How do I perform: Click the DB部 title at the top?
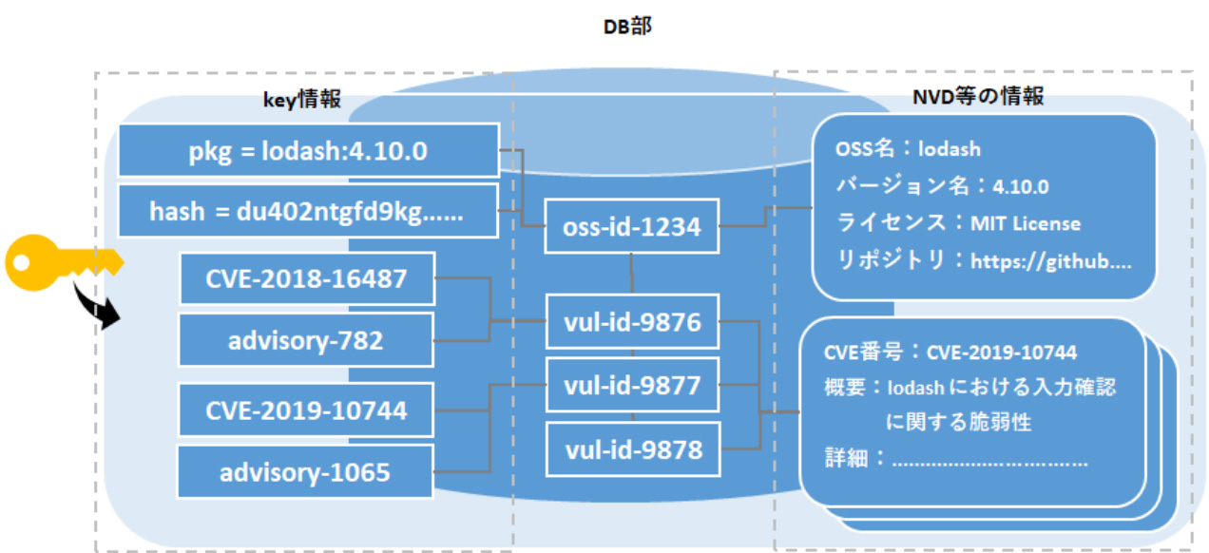(x=628, y=27)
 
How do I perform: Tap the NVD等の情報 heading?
(x=978, y=96)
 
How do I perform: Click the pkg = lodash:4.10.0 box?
(x=308, y=150)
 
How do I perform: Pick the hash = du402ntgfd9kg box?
(x=308, y=211)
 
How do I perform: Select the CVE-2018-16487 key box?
(x=306, y=278)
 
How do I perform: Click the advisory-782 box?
(x=306, y=340)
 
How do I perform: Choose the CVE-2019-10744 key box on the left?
(x=306, y=410)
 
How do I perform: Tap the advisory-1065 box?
(x=306, y=471)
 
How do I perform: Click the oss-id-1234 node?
(x=631, y=227)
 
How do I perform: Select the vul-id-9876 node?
(x=632, y=322)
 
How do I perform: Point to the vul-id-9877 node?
(x=632, y=386)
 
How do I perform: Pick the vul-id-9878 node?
(x=632, y=448)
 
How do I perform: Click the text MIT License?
(x=1025, y=223)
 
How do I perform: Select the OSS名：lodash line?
(x=908, y=149)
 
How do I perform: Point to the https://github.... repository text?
(x=1050, y=261)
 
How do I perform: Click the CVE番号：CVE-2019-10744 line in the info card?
(x=950, y=353)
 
